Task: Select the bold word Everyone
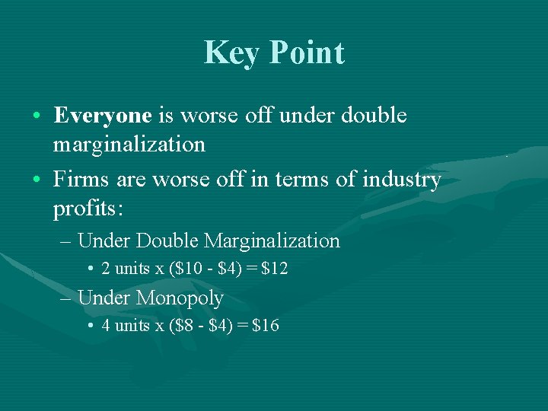[x=103, y=116]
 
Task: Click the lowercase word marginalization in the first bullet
[x=129, y=144]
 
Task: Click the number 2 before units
[x=106, y=269]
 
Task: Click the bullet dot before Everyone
[x=37, y=116]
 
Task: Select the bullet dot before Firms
[x=37, y=180]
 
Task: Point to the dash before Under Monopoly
[x=66, y=298]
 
